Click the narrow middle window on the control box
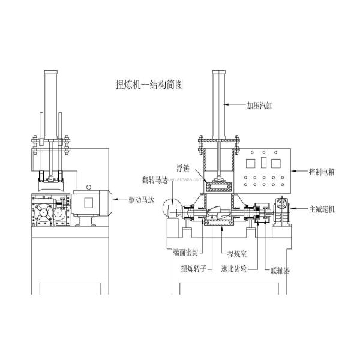coord(263,163)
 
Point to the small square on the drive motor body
coord(89,202)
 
